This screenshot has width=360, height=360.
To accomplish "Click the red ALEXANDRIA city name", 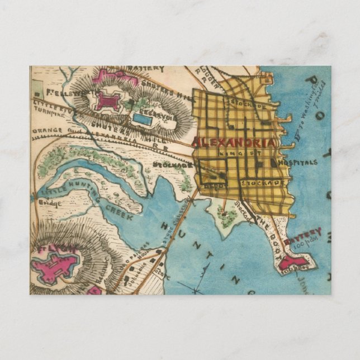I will coord(234,142).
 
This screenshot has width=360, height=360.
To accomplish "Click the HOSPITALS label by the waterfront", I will coord(297,162).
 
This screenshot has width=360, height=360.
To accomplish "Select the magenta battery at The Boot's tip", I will coord(295,262).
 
